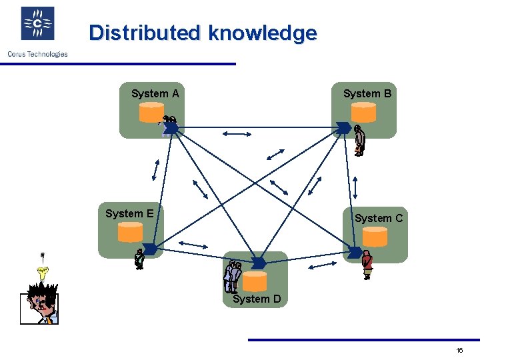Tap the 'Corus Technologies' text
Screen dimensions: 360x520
click(x=37, y=54)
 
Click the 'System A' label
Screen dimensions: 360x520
click(x=155, y=94)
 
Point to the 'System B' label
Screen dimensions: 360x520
click(x=367, y=94)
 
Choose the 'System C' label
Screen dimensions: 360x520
click(x=379, y=218)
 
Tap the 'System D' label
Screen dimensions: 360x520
click(x=257, y=299)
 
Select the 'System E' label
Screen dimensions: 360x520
click(x=129, y=213)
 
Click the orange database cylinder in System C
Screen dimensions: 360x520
click(x=375, y=237)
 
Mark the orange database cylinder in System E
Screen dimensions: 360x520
click(x=130, y=232)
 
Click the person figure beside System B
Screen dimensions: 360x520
click(x=359, y=141)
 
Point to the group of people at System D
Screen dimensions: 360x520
click(x=233, y=277)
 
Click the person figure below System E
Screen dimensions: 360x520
click(x=139, y=259)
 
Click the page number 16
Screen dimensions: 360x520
click(x=459, y=351)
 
